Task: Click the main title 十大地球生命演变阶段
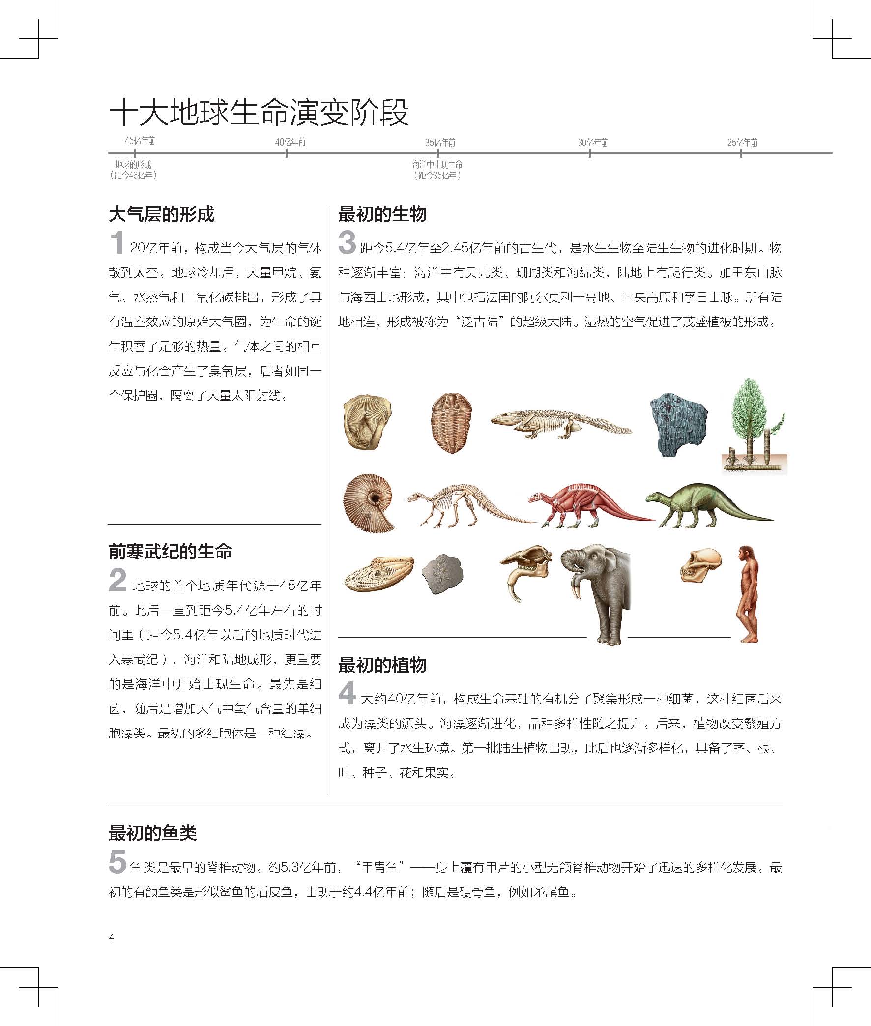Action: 259,112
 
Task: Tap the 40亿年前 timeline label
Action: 290,142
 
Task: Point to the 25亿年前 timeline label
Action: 742,143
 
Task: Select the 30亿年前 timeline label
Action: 592,143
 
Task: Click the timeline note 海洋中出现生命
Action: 437,164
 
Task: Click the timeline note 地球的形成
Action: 133,164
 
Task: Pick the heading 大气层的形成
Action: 161,214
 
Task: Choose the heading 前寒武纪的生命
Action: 171,551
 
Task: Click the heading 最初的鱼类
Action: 152,833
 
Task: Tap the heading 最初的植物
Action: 382,665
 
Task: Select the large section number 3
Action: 347,242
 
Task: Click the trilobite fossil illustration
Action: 451,423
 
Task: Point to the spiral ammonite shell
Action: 369,502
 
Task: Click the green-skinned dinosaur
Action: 706,503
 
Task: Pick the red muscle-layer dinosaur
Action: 587,503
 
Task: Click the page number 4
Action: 112,937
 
